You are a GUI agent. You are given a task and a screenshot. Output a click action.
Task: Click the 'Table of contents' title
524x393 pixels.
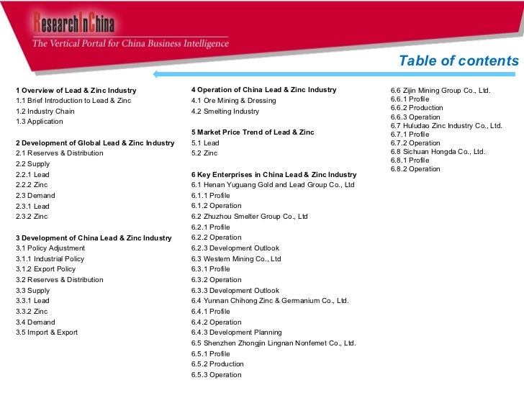[458, 61]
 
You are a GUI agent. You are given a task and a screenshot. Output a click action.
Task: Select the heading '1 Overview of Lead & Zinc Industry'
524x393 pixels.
[76, 90]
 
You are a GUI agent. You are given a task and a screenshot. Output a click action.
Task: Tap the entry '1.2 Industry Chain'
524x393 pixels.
[45, 112]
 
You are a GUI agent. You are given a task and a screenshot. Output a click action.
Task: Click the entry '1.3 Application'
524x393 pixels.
[40, 122]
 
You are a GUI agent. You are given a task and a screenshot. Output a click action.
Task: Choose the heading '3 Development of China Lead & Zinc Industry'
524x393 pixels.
[94, 238]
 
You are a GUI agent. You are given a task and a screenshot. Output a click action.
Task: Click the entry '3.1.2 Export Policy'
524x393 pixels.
[45, 269]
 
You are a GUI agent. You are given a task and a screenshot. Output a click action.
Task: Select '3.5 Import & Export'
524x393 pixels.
[47, 333]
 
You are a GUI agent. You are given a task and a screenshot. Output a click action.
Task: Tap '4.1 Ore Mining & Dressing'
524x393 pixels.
[233, 101]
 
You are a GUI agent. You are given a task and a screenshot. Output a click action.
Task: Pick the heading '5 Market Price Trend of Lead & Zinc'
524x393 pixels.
[253, 132]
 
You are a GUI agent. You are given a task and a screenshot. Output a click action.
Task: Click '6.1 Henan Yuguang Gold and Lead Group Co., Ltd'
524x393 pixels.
[273, 185]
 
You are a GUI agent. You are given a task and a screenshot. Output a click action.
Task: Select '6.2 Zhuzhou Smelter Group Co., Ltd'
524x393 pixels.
[250, 216]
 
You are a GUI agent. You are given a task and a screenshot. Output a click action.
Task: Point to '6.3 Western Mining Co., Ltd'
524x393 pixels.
[236, 258]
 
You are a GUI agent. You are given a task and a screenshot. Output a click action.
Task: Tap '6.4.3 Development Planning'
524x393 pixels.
[236, 333]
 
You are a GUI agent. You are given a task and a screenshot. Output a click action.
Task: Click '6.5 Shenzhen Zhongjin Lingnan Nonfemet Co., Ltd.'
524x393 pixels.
[274, 343]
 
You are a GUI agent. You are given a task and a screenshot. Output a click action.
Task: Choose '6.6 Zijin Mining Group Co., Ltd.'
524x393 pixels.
[441, 91]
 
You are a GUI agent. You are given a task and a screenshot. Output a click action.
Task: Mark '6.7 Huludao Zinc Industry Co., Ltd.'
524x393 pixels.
[446, 125]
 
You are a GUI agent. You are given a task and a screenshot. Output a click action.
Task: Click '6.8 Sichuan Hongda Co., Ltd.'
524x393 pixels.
[438, 152]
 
